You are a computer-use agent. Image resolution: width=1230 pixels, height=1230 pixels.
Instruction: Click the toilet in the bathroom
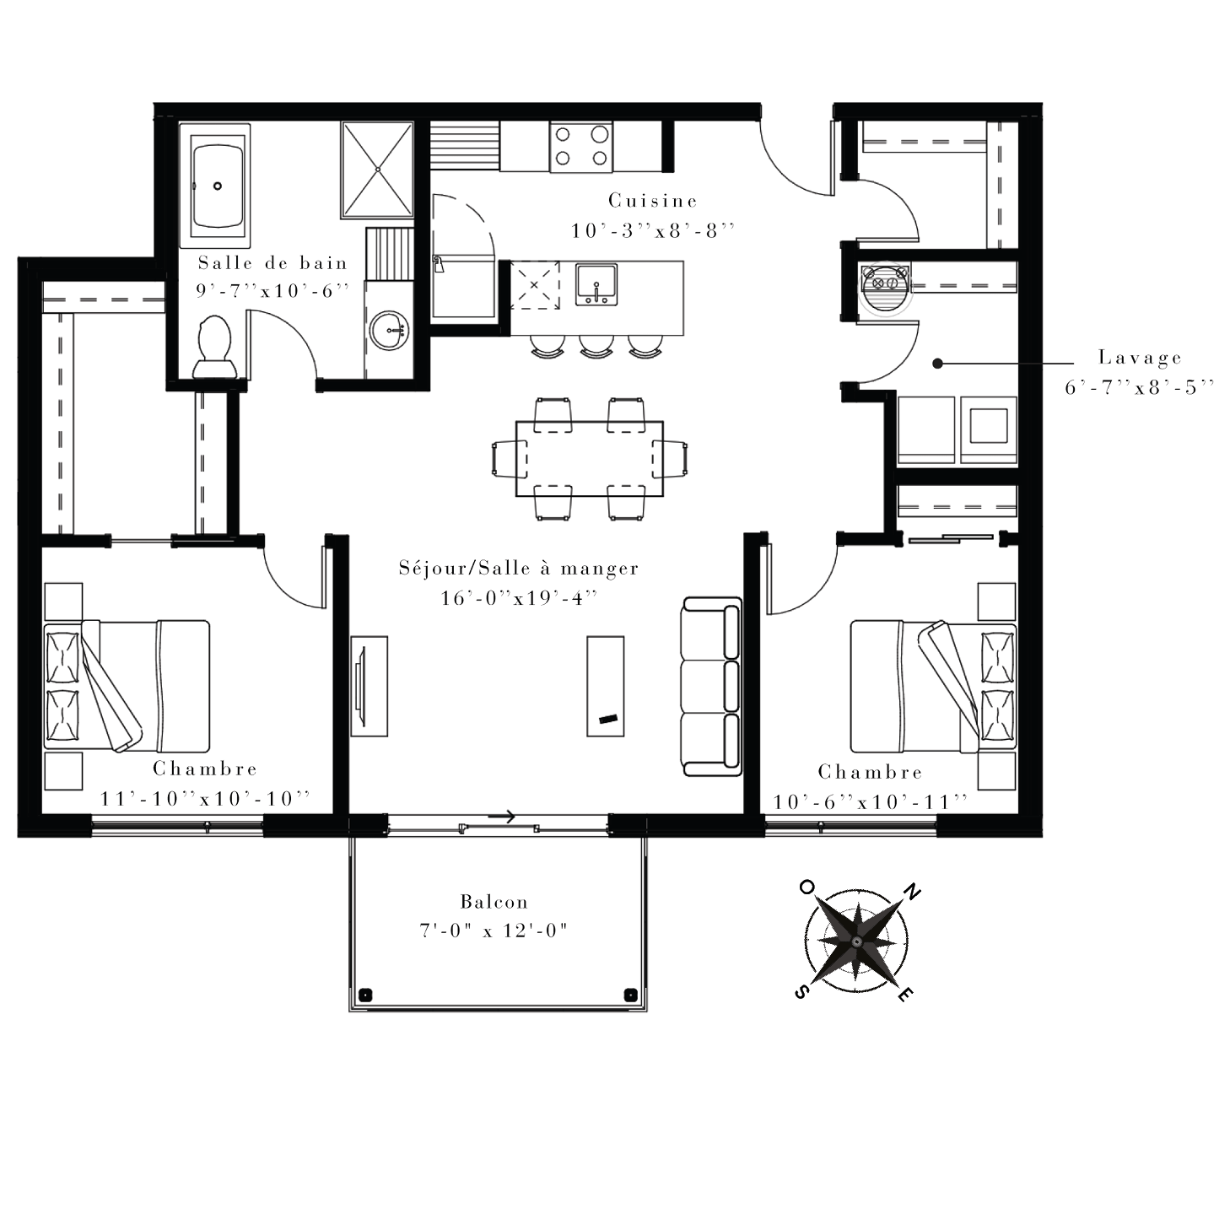click(x=215, y=348)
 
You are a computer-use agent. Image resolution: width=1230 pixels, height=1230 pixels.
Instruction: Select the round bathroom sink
click(x=389, y=331)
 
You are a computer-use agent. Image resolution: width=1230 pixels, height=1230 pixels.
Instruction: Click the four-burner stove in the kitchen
click(x=581, y=146)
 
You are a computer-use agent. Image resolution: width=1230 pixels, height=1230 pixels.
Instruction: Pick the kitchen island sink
click(x=596, y=284)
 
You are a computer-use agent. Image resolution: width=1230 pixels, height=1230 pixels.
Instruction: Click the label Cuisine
click(x=652, y=201)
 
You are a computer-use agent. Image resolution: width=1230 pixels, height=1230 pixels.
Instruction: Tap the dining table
click(x=589, y=458)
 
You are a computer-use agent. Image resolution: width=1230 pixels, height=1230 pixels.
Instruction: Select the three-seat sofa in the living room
click(x=712, y=686)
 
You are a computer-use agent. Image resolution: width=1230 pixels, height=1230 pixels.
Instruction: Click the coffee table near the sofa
click(x=605, y=686)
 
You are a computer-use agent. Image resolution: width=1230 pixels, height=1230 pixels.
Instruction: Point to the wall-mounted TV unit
click(x=369, y=686)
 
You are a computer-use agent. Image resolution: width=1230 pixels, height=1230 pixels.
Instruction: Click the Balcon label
click(x=494, y=902)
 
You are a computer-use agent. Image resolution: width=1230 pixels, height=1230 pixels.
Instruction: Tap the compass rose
click(x=857, y=941)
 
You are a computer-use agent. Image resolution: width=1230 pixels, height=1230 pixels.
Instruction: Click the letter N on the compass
click(x=913, y=893)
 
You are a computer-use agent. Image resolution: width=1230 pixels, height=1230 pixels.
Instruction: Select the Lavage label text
click(x=1140, y=358)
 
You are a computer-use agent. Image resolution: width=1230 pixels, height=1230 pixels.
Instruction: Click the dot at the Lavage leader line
click(x=937, y=364)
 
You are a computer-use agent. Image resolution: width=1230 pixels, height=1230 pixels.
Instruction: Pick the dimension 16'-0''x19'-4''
click(x=519, y=598)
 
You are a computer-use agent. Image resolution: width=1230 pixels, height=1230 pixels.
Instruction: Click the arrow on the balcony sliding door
click(x=502, y=816)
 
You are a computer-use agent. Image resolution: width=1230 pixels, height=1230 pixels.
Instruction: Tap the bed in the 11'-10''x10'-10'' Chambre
click(x=127, y=685)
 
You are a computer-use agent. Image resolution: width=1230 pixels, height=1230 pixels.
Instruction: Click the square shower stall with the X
click(x=377, y=170)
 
